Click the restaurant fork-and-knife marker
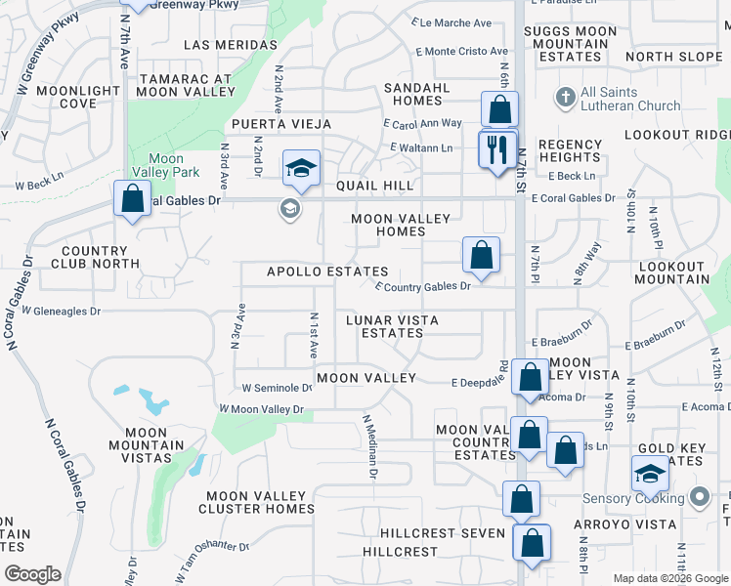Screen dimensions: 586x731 [x=498, y=148]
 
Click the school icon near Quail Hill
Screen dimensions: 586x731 [x=302, y=169]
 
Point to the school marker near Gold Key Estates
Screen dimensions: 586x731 [x=650, y=474]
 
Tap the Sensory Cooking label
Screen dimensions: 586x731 [x=633, y=498]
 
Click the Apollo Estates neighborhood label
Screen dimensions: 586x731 [x=327, y=272]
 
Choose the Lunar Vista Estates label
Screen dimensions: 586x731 [x=393, y=326]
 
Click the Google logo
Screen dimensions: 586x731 [x=32, y=574]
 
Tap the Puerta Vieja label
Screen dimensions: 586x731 [x=280, y=125]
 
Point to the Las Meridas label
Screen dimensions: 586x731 [x=230, y=45]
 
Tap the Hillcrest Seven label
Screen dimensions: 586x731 [x=443, y=533]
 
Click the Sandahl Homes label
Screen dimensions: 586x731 [x=416, y=94]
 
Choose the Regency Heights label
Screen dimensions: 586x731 [x=570, y=150]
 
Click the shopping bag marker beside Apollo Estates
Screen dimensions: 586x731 [x=481, y=256]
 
